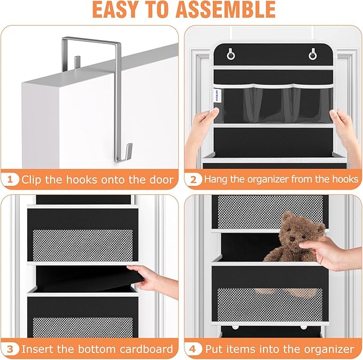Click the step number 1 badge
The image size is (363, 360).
(10, 179)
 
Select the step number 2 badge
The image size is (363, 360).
(194, 179)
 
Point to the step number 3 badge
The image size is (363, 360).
(10, 349)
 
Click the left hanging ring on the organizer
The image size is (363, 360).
(230, 55)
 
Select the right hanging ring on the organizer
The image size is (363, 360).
(312, 56)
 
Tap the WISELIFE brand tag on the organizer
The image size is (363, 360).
(217, 96)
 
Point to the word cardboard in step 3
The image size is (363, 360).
(146, 349)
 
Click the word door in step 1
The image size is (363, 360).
(161, 179)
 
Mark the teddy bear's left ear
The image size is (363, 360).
(287, 217)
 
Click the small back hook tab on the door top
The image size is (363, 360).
(78, 62)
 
